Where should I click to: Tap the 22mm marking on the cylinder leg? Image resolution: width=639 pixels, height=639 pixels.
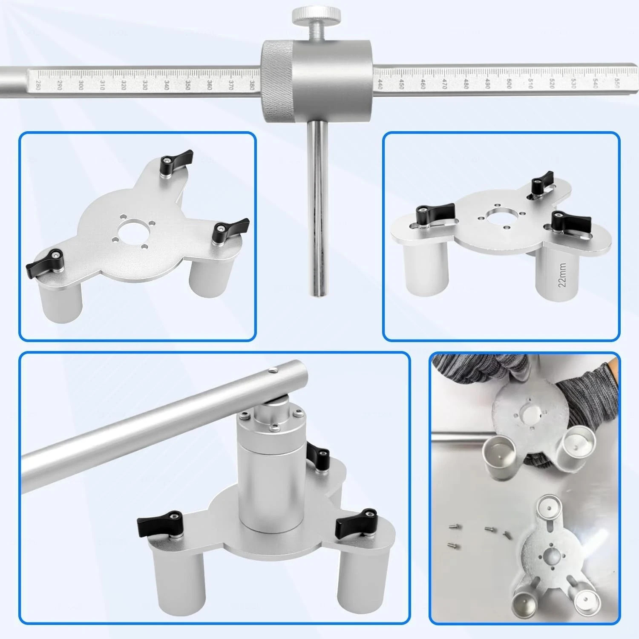pos(562,275)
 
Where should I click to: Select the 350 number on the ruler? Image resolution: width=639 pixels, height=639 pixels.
pos(187,85)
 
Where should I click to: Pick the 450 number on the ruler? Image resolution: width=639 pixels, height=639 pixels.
pos(402,84)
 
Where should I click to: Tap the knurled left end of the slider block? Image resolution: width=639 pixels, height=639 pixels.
pos(273,81)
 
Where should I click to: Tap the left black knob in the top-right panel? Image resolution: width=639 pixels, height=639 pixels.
pos(435,211)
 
